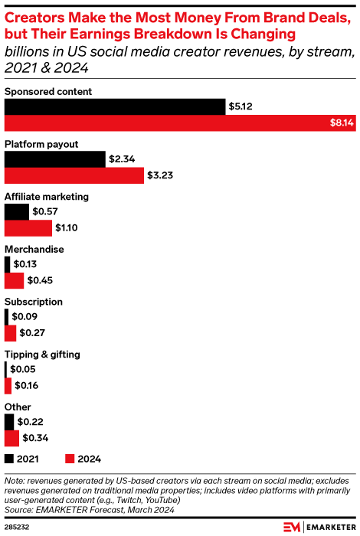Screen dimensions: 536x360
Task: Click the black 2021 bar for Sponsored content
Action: [115, 106]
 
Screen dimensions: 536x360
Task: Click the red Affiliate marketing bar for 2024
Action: [28, 227]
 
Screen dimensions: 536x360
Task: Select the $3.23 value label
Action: [159, 175]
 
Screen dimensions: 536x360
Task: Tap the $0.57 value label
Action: [45, 211]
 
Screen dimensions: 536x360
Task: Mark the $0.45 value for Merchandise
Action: [40, 280]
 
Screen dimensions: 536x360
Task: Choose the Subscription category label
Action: [34, 302]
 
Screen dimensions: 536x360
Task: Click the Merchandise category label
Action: [34, 249]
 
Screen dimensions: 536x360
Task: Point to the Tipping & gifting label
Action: [42, 355]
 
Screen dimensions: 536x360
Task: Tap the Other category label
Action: [18, 407]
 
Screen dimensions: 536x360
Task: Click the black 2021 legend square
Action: [10, 459]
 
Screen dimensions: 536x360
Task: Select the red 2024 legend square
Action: [70, 459]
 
